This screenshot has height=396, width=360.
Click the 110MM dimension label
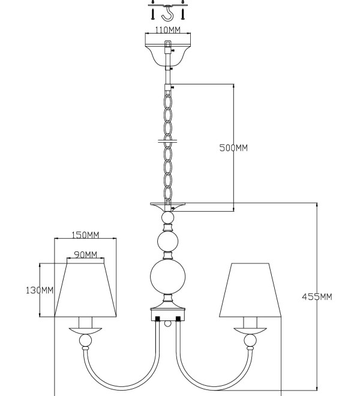(x=167, y=30)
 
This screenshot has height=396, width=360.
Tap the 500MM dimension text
(x=233, y=148)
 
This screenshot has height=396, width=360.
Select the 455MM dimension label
(x=317, y=297)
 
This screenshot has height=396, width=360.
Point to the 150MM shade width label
(x=85, y=235)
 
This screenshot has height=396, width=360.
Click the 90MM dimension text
(x=85, y=254)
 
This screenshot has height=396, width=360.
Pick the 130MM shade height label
(x=40, y=290)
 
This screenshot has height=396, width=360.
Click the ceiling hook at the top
(x=168, y=14)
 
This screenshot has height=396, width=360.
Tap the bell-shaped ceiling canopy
(x=168, y=56)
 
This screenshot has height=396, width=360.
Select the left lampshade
(x=85, y=290)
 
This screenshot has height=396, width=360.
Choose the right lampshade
(x=250, y=290)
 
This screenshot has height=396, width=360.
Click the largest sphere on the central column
(x=168, y=277)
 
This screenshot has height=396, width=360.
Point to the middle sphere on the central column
(x=168, y=241)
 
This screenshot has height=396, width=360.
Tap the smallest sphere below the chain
(x=168, y=217)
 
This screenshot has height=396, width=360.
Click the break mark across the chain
(x=167, y=140)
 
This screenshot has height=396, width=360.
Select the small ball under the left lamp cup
(x=85, y=340)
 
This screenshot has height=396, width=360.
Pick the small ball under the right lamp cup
(x=250, y=340)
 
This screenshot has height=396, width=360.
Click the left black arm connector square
(x=157, y=319)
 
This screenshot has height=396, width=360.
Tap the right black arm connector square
(x=178, y=319)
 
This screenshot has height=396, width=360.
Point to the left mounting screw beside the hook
(x=153, y=14)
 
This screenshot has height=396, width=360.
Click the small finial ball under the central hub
(x=168, y=323)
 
